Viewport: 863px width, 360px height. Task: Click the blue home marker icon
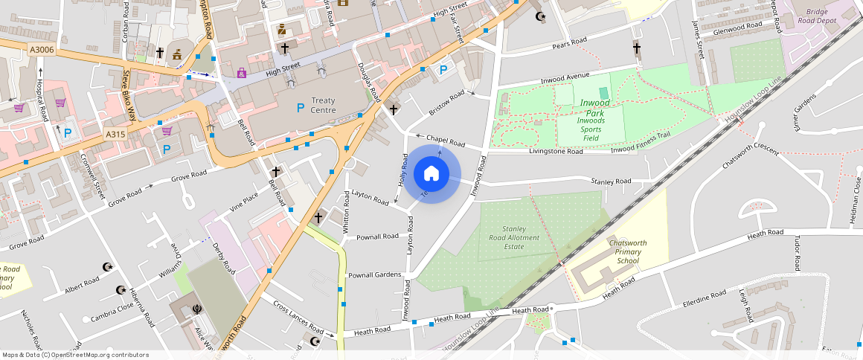click(431, 174)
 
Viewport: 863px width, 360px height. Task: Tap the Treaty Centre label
click(324, 105)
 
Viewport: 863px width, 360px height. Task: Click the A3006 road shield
click(41, 49)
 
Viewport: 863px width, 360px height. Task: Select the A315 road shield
click(115, 134)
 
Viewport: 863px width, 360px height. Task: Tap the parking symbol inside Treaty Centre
click(301, 108)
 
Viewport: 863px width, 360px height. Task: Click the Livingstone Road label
click(556, 151)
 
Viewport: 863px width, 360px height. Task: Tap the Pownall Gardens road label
click(374, 274)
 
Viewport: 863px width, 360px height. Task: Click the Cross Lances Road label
click(298, 318)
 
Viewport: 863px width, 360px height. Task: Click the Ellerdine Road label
click(705, 299)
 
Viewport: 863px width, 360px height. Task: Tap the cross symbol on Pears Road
click(637, 49)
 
